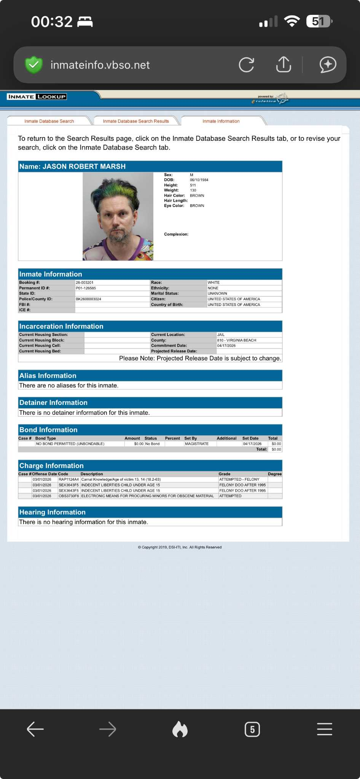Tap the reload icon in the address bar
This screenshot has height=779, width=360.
point(246,65)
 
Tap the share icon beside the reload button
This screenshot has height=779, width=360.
point(284,64)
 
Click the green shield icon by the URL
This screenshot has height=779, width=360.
point(33,65)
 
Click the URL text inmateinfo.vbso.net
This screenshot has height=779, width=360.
point(100,65)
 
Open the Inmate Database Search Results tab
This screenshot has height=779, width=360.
point(136,121)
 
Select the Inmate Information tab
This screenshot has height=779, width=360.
point(221,121)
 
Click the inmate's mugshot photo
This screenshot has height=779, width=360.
point(118,216)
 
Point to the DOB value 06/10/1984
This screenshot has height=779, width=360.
point(199,180)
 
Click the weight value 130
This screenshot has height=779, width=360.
point(193,190)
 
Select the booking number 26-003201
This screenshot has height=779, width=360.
point(84,283)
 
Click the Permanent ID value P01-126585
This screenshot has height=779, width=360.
point(86,288)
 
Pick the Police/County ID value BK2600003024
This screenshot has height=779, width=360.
point(88,299)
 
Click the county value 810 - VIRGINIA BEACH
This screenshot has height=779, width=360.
point(236,340)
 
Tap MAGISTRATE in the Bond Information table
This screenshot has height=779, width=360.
point(197,444)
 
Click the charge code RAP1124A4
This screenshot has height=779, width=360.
point(68,480)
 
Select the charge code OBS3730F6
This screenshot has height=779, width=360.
point(69,496)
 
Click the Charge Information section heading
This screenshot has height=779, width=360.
point(51,465)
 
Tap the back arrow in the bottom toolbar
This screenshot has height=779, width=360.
point(35,729)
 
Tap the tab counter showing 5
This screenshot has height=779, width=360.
point(252,729)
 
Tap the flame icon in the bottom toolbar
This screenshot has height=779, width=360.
point(180,729)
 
